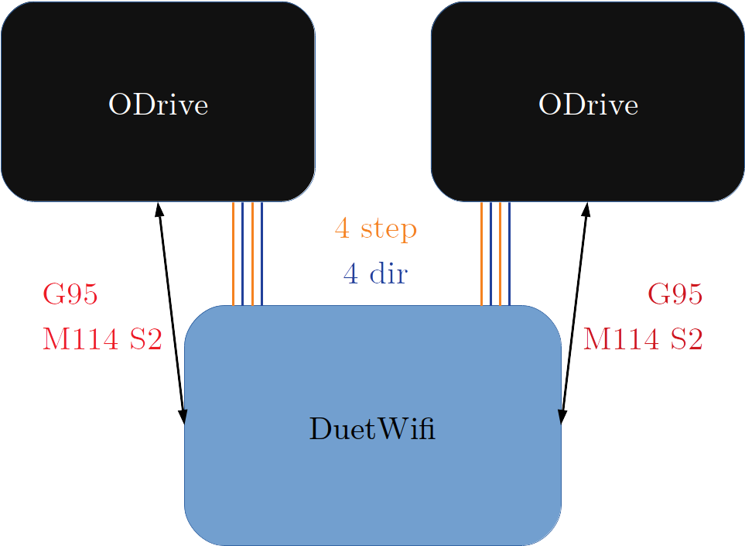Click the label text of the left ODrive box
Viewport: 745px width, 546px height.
point(158,105)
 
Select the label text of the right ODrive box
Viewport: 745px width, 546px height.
point(588,105)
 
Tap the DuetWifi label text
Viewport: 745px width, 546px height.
point(372,428)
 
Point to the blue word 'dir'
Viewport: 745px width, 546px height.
point(387,273)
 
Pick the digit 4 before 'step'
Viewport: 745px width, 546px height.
point(342,229)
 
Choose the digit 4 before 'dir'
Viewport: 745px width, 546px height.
point(350,273)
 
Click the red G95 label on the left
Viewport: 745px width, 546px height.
point(70,295)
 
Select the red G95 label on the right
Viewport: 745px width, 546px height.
point(675,295)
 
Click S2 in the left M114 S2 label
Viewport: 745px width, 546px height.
point(145,339)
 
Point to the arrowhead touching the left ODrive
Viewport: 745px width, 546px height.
point(159,210)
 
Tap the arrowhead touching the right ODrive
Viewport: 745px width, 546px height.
point(586,210)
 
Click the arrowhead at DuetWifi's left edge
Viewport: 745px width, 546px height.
point(183,416)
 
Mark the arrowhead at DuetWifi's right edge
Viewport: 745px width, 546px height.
point(563,416)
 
